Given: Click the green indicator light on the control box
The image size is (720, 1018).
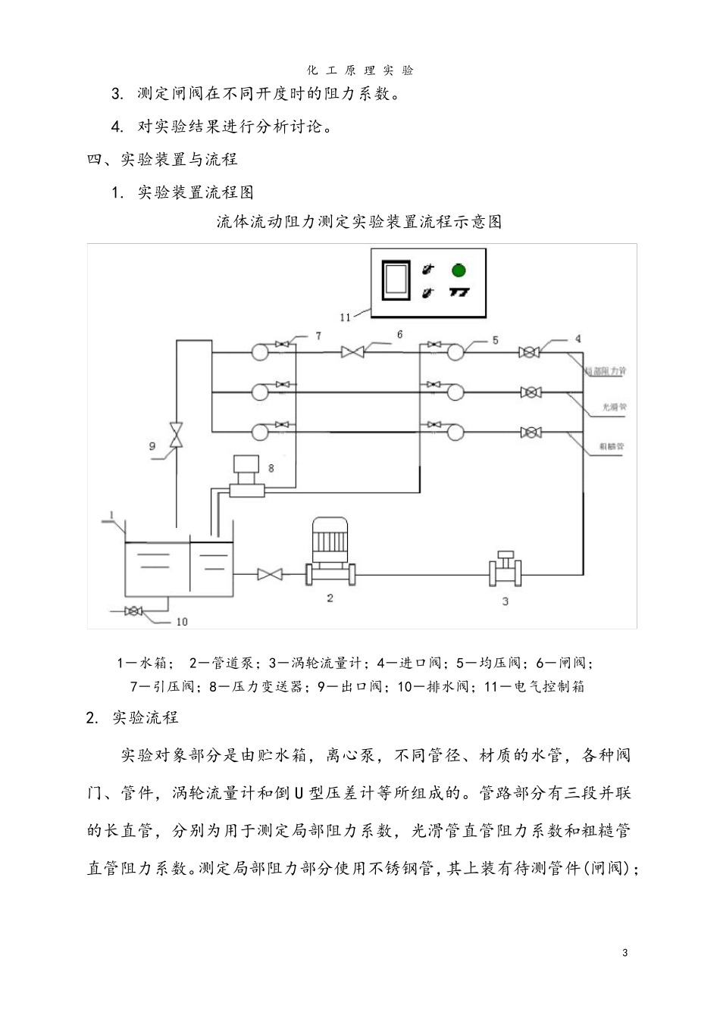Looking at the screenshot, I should click(x=458, y=270).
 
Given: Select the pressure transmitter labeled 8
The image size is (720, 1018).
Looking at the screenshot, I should click(x=246, y=477).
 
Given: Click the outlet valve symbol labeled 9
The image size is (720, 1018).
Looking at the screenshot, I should click(x=176, y=435).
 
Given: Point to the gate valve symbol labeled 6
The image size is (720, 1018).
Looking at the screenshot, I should click(x=352, y=351).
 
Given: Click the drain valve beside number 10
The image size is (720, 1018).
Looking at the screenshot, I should click(x=134, y=611).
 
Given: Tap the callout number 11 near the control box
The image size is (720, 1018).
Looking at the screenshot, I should click(x=345, y=317).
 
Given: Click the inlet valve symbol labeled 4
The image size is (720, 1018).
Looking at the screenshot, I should click(x=529, y=351).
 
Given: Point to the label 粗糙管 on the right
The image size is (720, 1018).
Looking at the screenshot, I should click(x=612, y=447).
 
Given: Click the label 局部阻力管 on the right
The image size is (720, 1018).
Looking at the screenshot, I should click(x=606, y=371).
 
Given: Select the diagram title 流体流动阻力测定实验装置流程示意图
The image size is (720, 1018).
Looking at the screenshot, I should click(x=359, y=222).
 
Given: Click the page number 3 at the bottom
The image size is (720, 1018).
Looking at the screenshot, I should click(x=625, y=953).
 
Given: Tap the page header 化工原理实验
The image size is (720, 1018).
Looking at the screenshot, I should click(x=360, y=70).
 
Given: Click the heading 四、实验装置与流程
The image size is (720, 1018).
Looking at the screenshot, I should click(x=163, y=159).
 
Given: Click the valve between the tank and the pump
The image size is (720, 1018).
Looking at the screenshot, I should click(x=270, y=574).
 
